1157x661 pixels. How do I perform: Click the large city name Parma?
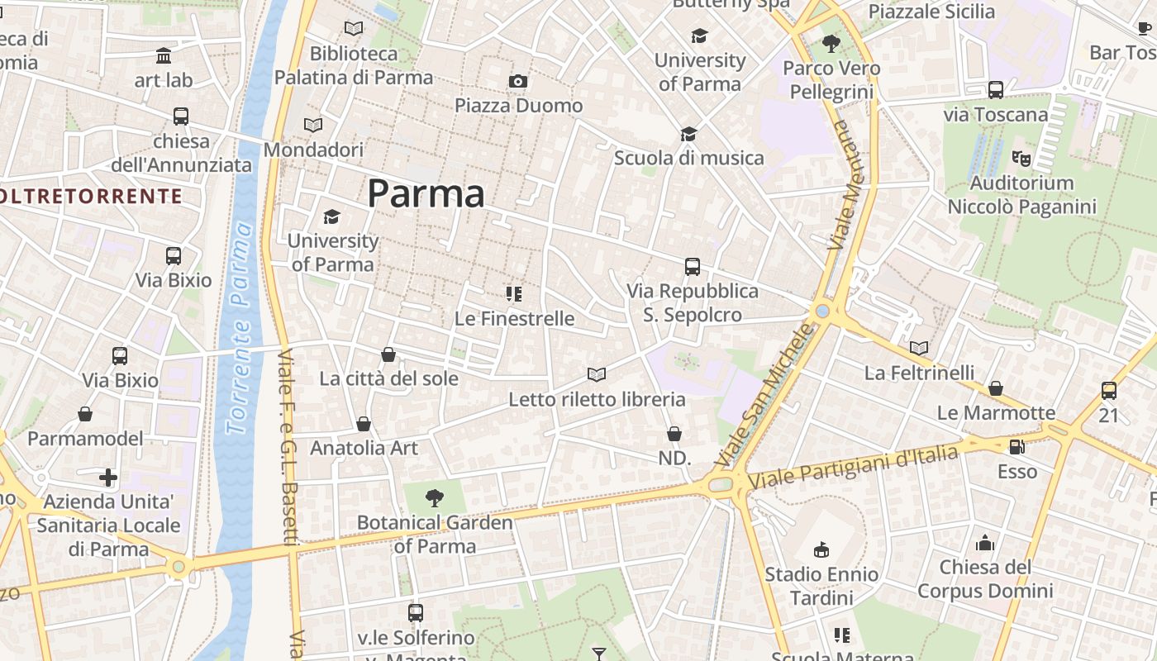point(426,194)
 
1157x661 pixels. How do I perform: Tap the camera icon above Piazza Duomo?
point(518,81)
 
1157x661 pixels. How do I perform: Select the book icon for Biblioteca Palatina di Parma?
point(354,29)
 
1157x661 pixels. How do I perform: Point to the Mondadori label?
point(313,150)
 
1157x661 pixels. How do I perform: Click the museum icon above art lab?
point(164,56)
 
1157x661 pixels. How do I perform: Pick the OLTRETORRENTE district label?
point(89,196)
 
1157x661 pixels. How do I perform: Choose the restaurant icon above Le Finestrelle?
point(514,293)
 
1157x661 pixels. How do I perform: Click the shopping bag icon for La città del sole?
point(388,354)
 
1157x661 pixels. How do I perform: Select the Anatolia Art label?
point(364,448)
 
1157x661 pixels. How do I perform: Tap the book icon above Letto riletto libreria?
point(597,374)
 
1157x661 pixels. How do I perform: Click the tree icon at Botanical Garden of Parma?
point(435,497)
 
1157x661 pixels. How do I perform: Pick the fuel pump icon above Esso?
point(1017,447)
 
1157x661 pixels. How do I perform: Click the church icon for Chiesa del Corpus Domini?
point(985,543)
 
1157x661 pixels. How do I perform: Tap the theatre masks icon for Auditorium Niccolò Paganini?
point(1021,158)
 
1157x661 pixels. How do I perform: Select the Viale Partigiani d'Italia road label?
point(853,467)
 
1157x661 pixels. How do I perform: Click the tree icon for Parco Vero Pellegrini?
point(831,44)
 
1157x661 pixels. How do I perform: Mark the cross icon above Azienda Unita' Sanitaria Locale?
point(108,478)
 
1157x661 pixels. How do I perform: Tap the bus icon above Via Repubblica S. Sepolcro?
point(693,267)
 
